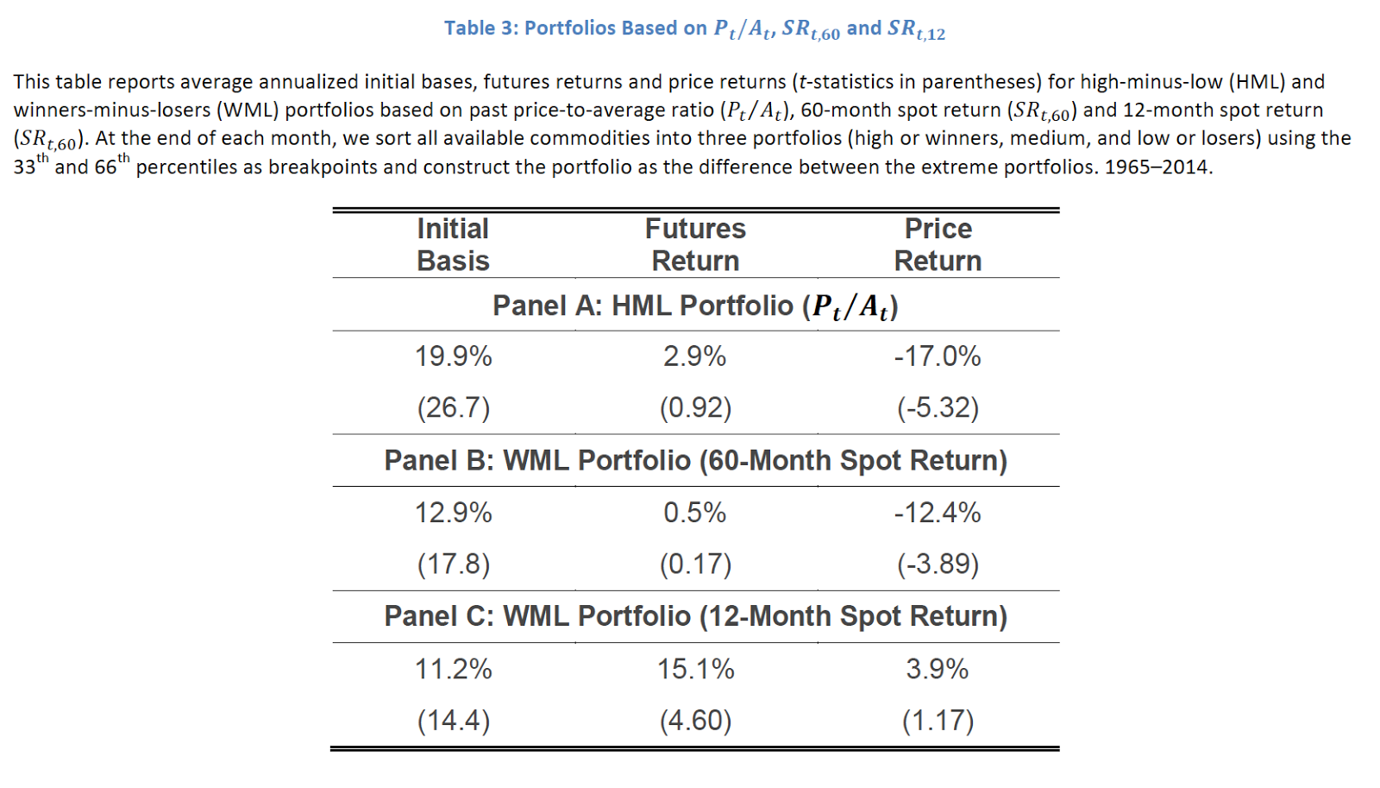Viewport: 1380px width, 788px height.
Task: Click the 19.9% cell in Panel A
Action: coord(453,356)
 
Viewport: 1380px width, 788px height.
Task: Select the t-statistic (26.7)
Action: coord(453,407)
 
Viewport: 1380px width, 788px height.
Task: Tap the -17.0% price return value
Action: coord(938,356)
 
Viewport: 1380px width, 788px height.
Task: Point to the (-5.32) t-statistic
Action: coord(938,407)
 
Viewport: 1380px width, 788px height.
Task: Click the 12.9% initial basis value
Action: coord(453,513)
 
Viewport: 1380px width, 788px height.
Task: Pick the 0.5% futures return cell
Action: coord(695,513)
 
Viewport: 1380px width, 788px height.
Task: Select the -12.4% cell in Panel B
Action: coord(938,513)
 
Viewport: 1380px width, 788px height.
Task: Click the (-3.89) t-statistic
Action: coord(938,564)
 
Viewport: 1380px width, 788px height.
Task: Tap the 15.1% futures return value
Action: coord(695,669)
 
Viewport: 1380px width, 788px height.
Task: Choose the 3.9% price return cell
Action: coord(938,669)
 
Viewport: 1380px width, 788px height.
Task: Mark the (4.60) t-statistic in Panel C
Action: coord(695,720)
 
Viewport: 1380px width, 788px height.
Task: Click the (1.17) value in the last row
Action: coord(938,720)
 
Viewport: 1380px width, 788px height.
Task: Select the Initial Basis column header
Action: coord(453,244)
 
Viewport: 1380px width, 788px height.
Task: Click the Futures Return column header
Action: coord(695,244)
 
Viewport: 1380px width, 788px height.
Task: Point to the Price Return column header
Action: coord(938,244)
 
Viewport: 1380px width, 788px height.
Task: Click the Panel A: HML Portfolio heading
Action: coord(695,306)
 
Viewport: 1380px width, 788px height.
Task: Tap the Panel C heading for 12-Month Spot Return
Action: coord(695,616)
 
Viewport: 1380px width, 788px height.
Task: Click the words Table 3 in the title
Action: coord(480,28)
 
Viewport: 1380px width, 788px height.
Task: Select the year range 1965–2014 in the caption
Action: coord(1156,167)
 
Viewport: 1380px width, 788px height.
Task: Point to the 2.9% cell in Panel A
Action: coord(695,356)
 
